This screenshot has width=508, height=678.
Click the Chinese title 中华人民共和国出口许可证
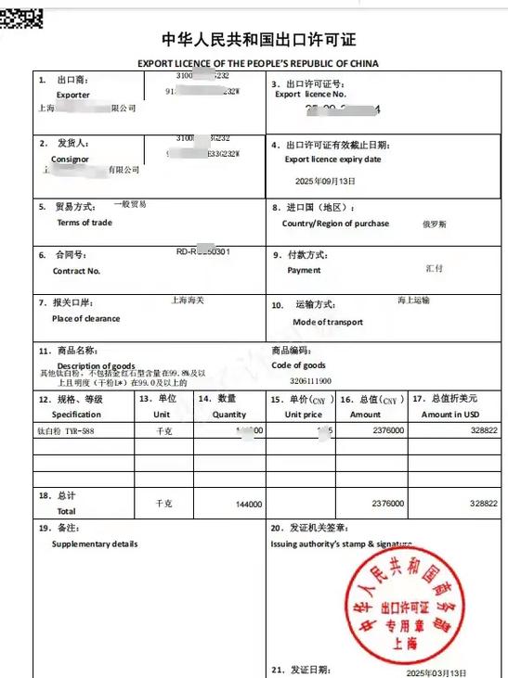(x=258, y=40)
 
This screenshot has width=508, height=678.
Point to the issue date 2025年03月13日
(x=437, y=672)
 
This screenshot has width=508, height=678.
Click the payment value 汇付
(x=434, y=268)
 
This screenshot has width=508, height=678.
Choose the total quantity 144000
(x=249, y=504)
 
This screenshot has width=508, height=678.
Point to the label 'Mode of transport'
(x=328, y=322)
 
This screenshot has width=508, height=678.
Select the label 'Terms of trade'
(x=85, y=223)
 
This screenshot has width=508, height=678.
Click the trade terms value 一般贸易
(x=129, y=204)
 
